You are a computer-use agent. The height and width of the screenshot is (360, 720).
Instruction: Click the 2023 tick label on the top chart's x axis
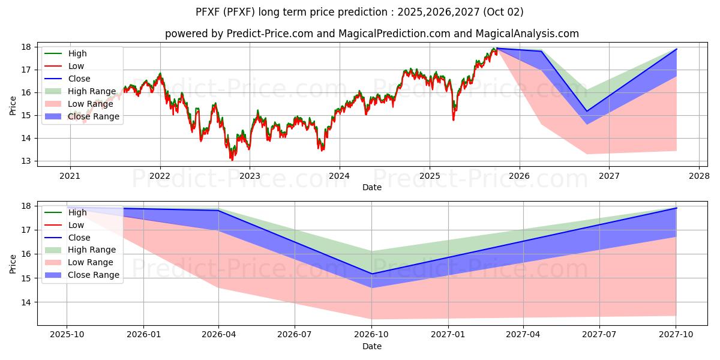click(x=250, y=176)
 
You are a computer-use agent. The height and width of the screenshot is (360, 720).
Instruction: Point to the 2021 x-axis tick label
click(x=70, y=176)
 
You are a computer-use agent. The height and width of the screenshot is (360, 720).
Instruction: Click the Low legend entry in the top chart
click(x=76, y=66)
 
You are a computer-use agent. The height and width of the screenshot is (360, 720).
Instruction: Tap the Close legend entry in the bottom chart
click(x=79, y=238)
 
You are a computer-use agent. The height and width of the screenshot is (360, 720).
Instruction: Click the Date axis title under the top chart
click(x=372, y=187)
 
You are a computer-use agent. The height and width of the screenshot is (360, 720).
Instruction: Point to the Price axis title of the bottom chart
click(x=13, y=263)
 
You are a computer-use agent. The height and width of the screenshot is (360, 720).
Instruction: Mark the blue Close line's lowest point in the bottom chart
click(x=371, y=274)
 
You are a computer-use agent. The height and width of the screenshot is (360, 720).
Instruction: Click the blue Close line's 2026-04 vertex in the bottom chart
click(x=218, y=211)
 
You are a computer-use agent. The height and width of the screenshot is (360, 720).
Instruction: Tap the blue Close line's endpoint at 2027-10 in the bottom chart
click(x=676, y=208)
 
